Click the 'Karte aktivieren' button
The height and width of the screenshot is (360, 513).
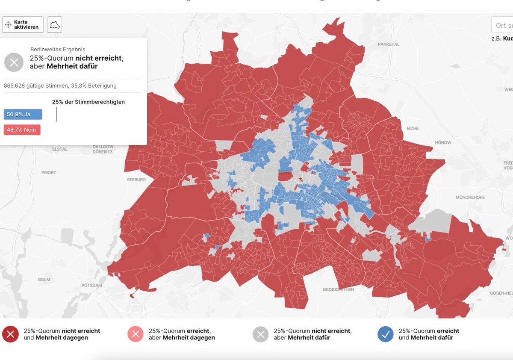pos(23,25)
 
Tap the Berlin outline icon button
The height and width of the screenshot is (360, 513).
pos(55,25)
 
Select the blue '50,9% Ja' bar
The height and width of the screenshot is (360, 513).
pos(23,115)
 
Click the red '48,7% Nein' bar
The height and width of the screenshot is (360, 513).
pos(22,130)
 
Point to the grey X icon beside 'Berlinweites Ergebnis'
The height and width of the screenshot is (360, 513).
pos(14,62)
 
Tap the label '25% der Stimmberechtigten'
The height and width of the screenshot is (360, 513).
pos(88,102)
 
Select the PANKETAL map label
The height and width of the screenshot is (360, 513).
pos(389,44)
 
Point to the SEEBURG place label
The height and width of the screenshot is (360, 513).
pos(136,180)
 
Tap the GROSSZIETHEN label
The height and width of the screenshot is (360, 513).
pos(338,289)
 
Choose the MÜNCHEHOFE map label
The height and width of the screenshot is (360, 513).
pos(470,198)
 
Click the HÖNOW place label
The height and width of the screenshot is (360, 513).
pos(442,142)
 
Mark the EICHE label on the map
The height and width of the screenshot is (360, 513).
pos(413,128)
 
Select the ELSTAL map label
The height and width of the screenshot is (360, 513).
pos(60,149)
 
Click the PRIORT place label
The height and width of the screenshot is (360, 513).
pos(49,173)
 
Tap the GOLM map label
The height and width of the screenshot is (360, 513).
pos(44,280)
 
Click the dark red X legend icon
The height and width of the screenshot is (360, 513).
pos(10,334)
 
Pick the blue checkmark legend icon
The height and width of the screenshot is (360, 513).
pos(385,334)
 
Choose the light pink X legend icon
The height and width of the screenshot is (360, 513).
pos(136,334)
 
